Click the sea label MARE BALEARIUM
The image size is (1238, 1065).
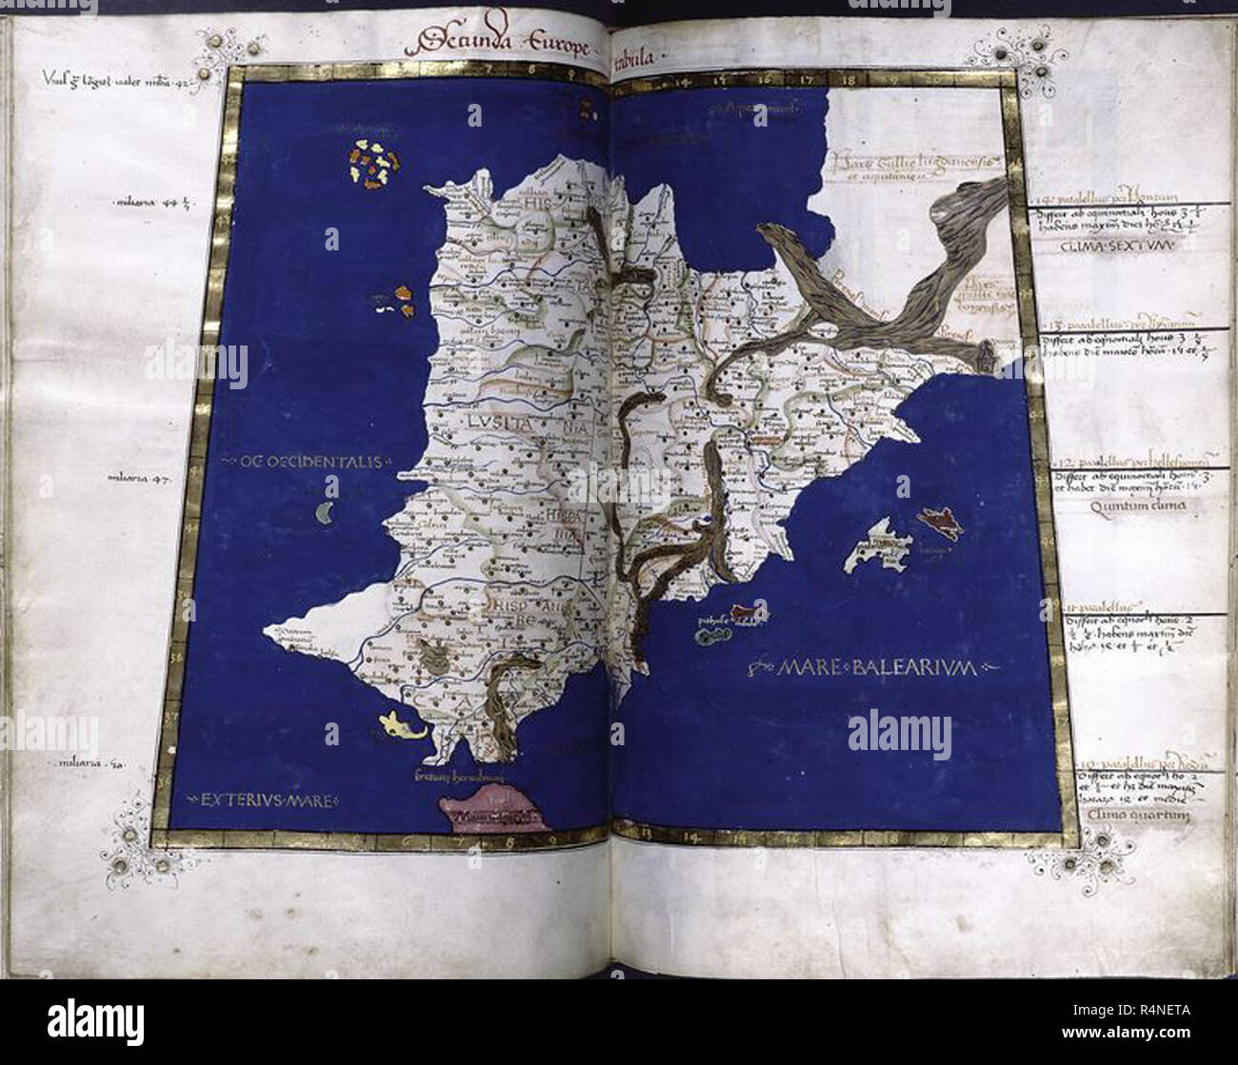point(874,668)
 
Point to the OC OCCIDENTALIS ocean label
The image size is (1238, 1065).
point(303,463)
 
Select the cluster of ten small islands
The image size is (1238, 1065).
point(369,163)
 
